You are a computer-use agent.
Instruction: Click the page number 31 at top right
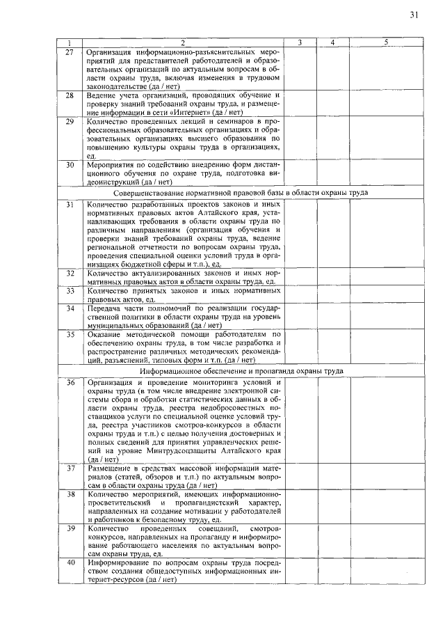tap(414, 15)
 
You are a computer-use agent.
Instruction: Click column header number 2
tap(182, 43)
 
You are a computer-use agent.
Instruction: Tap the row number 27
tap(70, 52)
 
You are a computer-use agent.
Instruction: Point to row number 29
tap(70, 122)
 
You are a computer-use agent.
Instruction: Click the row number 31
tap(70, 205)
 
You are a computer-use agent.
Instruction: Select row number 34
tap(70, 307)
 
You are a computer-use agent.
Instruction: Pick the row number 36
tap(70, 383)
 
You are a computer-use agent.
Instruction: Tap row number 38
tap(70, 494)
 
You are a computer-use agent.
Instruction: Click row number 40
tap(70, 562)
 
